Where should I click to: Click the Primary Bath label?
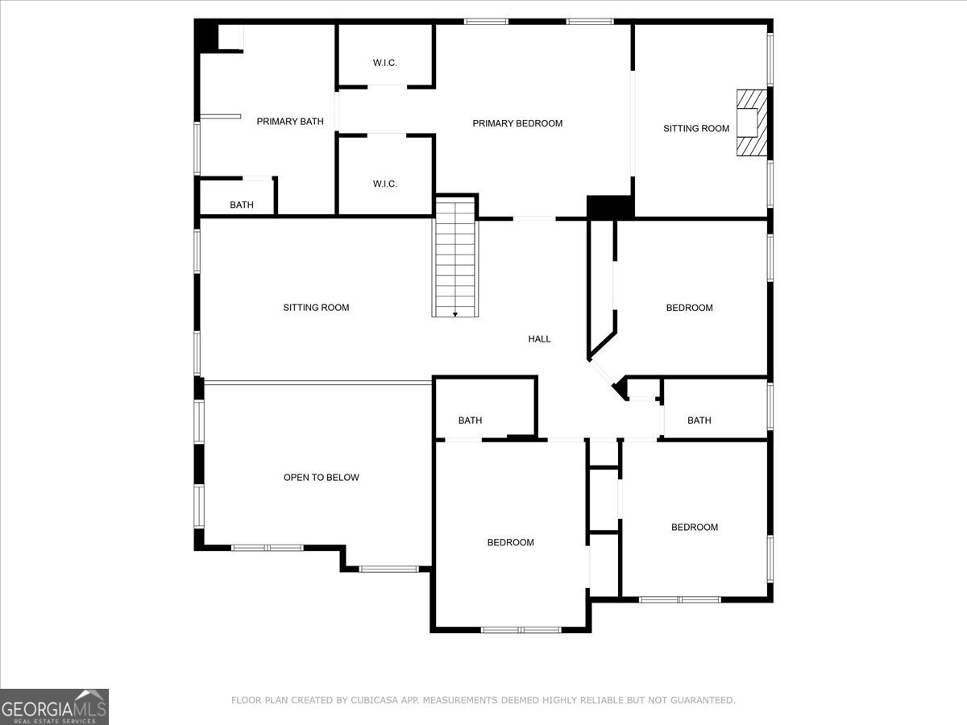(290, 122)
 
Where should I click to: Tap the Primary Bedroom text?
(517, 123)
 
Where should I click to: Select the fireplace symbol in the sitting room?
(749, 122)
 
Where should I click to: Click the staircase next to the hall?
(456, 258)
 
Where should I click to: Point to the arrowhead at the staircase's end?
(456, 313)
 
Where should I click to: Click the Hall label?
(539, 339)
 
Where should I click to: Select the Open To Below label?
(321, 478)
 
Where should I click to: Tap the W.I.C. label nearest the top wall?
(384, 63)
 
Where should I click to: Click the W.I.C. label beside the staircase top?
(384, 184)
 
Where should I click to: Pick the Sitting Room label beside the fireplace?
(696, 128)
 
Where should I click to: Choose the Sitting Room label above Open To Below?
(316, 308)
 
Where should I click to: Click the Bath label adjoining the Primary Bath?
(241, 205)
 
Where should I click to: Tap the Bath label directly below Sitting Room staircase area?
(470, 420)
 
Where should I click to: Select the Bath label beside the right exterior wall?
(699, 420)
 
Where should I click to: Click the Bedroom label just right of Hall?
(689, 308)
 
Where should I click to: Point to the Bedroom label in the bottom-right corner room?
(694, 527)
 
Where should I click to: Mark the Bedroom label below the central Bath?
(510, 542)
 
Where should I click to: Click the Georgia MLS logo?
(54, 706)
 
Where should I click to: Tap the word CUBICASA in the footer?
(372, 700)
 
